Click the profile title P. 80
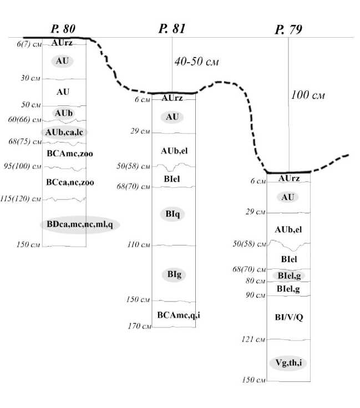point(63,29)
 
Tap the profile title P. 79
point(288,30)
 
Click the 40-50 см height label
point(196,62)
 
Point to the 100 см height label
point(307,95)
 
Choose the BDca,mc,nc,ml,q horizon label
point(80,223)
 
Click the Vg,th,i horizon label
point(289,363)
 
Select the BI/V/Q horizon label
point(289,317)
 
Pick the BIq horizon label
point(173,216)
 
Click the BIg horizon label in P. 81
point(173,273)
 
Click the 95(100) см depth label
point(27,166)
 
